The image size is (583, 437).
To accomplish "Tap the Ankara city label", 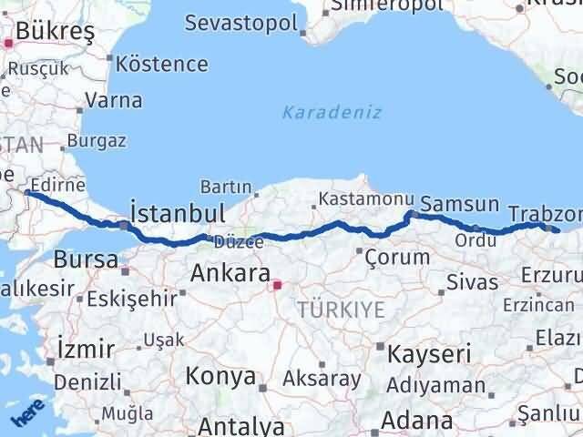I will (x=230, y=273).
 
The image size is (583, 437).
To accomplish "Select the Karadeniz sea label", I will (x=331, y=112).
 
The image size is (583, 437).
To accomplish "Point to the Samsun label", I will (x=460, y=205).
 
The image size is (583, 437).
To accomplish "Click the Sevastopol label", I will (x=240, y=23).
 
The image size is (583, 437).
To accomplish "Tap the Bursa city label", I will (x=86, y=259).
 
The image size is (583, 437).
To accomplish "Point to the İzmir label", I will (x=85, y=348).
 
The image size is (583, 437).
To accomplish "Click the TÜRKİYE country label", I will (x=340, y=310).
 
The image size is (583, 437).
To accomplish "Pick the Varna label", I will (x=115, y=100).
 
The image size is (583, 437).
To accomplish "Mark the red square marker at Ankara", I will (x=277, y=285).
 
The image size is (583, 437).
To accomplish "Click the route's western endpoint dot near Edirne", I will (x=28, y=193).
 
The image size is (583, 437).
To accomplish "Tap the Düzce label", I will (x=240, y=242).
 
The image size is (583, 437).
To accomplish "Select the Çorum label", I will (x=396, y=257).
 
